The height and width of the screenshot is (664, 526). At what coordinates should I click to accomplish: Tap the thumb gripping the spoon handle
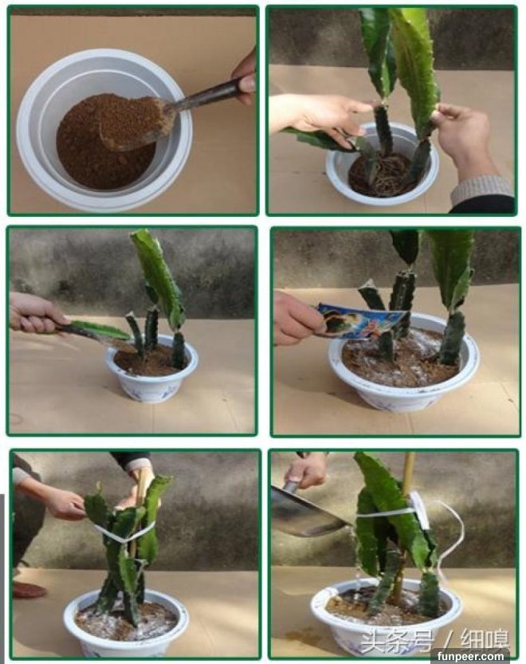click(x=246, y=84)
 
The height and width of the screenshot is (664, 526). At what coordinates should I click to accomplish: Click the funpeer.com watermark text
click(x=470, y=656)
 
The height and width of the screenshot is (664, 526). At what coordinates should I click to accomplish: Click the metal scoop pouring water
click(x=308, y=511)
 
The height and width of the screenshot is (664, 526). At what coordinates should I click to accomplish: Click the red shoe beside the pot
click(x=29, y=590)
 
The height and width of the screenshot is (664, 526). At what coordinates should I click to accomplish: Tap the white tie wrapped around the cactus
click(x=124, y=534)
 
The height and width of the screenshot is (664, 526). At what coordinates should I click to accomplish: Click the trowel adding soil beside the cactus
click(x=92, y=333)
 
